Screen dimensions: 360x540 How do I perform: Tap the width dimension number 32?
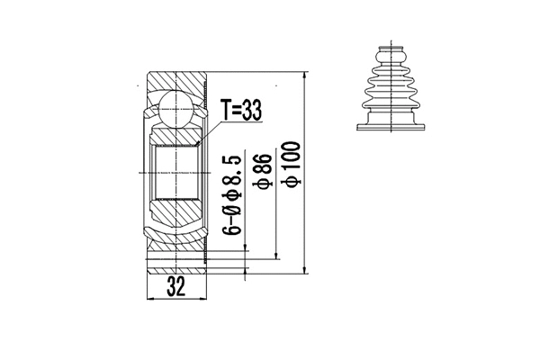177,289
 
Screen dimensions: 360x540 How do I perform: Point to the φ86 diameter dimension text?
264,172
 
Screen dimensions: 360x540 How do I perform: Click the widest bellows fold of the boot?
388,94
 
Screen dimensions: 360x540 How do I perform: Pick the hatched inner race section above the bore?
178,134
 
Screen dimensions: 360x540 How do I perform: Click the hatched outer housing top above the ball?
178,79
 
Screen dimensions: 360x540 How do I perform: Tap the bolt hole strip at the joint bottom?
177,265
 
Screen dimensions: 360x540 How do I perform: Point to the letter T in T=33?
226,111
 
